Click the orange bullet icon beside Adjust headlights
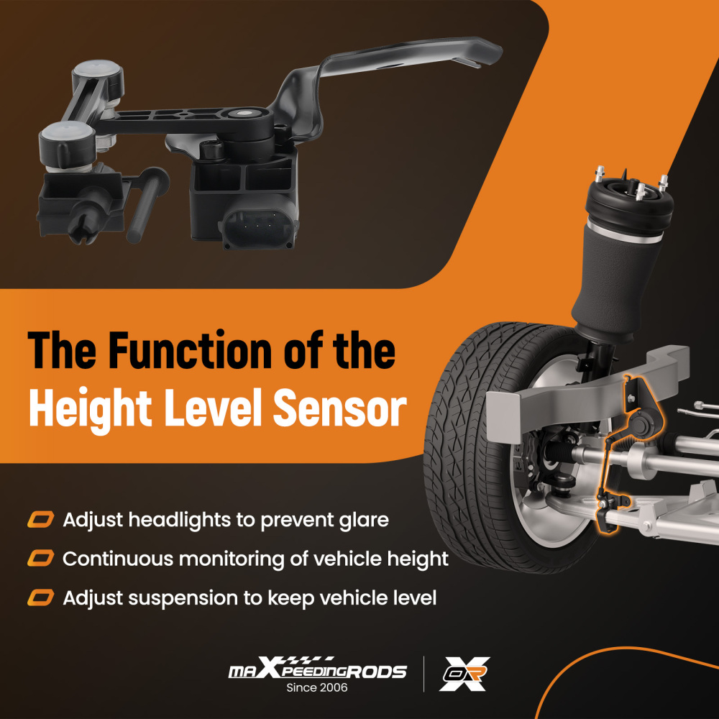point(41,519)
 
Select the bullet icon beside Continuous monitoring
point(41,558)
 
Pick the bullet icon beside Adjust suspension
point(41,597)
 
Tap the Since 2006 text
point(317,688)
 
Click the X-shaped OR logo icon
point(464,674)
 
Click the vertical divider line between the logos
point(423,674)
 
